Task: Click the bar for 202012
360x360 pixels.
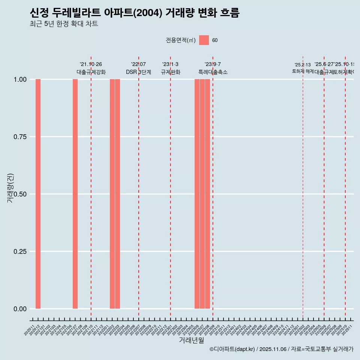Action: pos(38,194)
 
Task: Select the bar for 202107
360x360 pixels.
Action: pos(75,194)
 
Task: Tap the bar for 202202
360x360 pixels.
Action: pos(112,194)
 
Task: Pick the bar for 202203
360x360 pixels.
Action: pos(117,194)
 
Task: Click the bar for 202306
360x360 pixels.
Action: pos(197,194)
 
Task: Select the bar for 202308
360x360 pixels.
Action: pos(207,194)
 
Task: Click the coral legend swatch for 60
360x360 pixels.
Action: pos(204,40)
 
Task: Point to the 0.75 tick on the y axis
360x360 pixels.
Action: pos(19,137)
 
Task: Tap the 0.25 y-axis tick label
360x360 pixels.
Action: pos(19,252)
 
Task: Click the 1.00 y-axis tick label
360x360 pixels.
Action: pos(19,79)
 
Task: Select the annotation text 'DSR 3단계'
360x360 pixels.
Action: pos(138,72)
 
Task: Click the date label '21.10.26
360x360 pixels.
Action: pos(91,64)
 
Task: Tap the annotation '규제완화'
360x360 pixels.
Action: pos(170,72)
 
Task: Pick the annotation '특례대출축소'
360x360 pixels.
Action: pos(213,72)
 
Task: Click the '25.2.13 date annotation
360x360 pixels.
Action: pos(303,65)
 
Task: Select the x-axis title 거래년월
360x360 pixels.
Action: pos(191,340)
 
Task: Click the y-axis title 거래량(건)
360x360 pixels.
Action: pos(10,187)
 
